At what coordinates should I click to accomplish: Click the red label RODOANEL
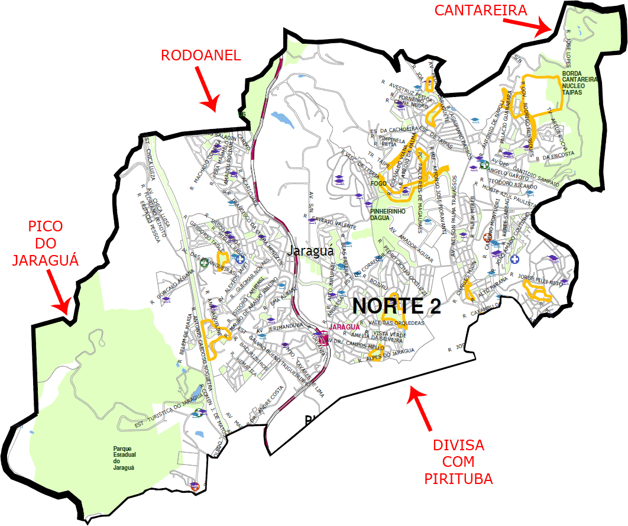click(x=201, y=56)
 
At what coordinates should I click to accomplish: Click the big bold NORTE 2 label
click(x=397, y=306)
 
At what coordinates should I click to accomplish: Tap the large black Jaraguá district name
click(x=310, y=251)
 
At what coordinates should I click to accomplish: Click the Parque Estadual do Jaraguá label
click(x=124, y=457)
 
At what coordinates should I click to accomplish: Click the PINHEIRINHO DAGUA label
click(x=388, y=214)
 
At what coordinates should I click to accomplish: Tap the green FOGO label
click(x=378, y=183)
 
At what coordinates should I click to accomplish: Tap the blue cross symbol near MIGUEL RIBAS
click(x=240, y=259)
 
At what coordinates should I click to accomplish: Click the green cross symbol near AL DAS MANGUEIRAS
click(x=204, y=264)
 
